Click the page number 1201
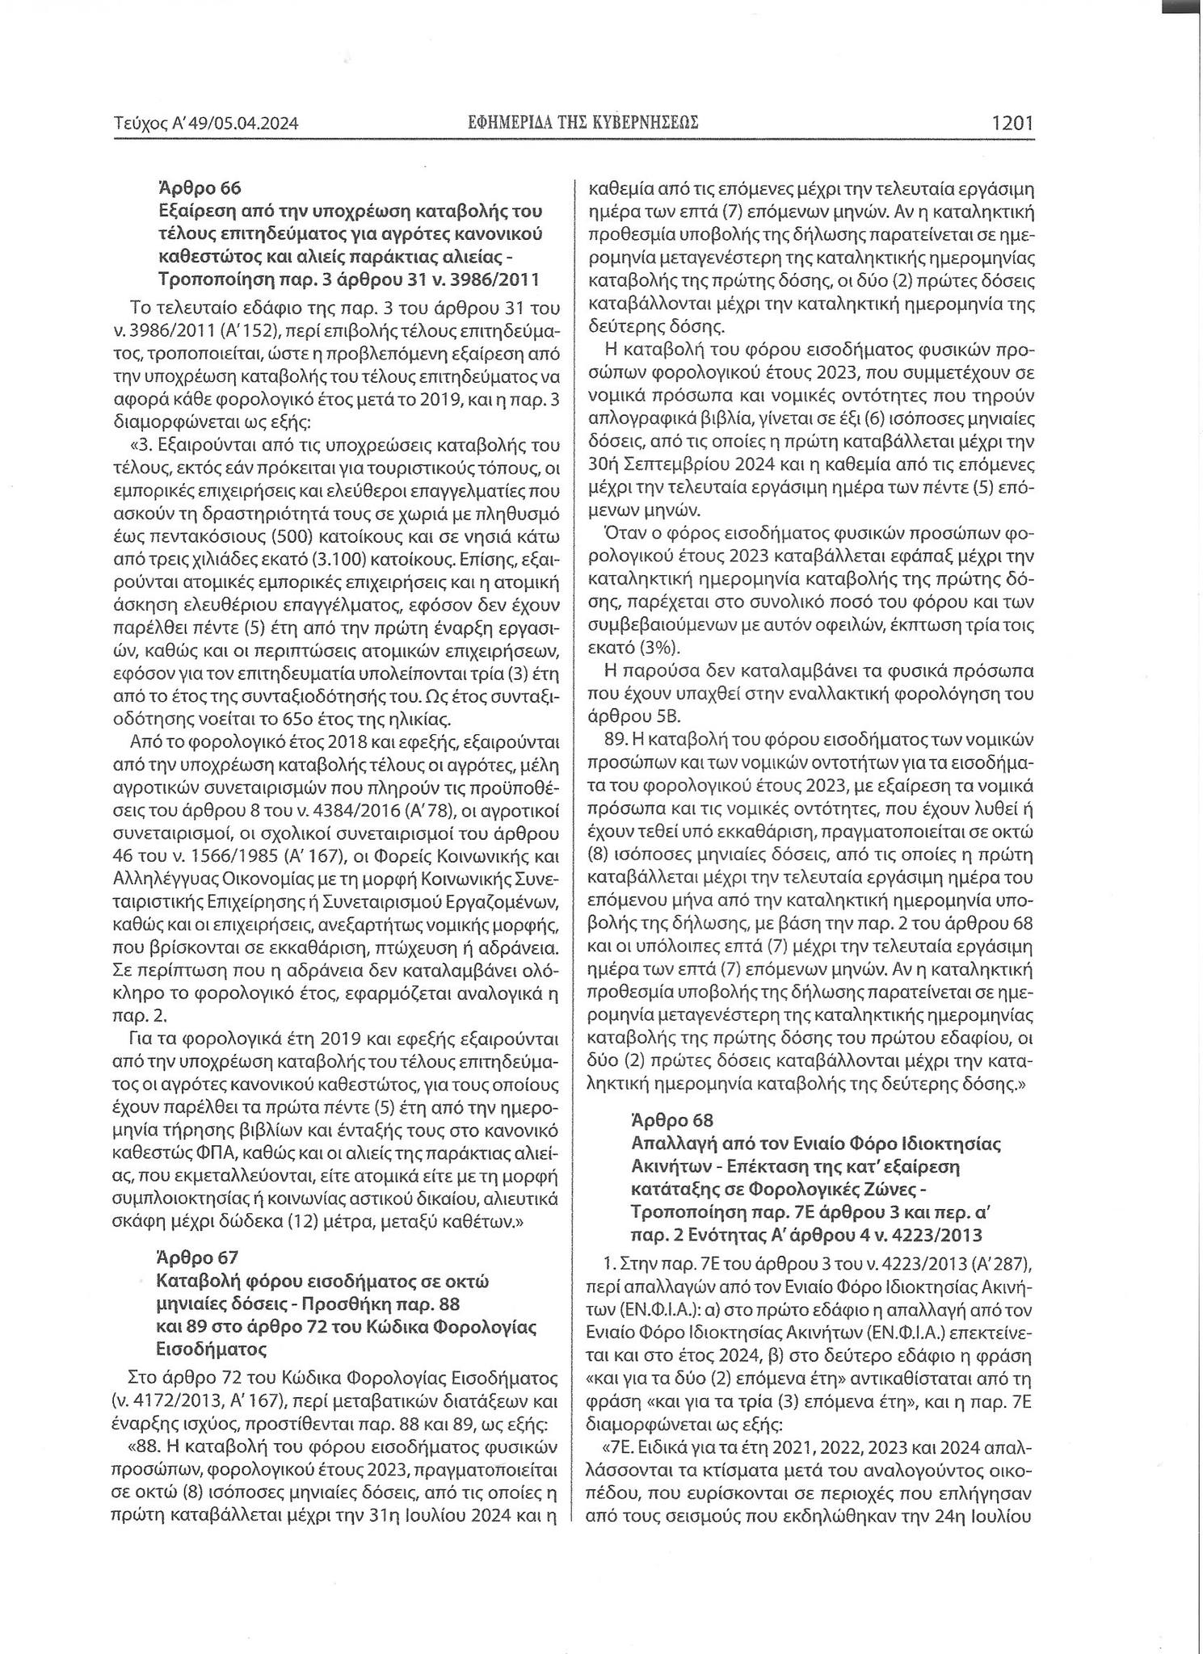1012,124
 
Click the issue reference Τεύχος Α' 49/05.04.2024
207,124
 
